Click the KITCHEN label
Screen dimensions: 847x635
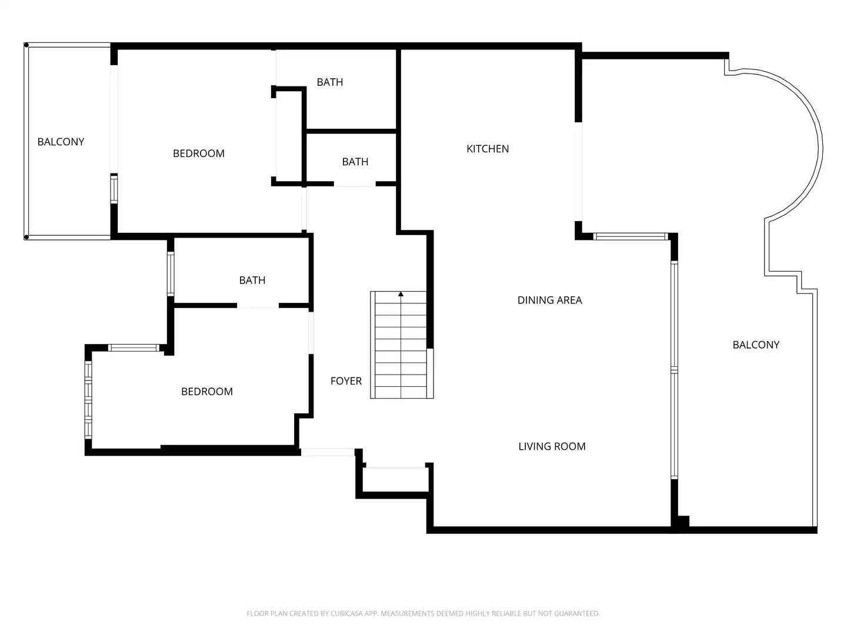[x=488, y=149]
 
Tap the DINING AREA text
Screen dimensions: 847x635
[x=549, y=300]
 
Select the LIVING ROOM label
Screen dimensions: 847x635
[x=552, y=446]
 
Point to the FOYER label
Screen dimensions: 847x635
[x=346, y=381]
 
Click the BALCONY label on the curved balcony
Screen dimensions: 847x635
[x=756, y=345]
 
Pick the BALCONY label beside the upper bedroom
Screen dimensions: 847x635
[x=61, y=142]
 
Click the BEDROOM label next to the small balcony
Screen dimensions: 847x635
[x=198, y=153]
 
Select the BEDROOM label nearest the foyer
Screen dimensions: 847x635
[x=207, y=392]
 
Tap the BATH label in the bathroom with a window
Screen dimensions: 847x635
[x=252, y=280]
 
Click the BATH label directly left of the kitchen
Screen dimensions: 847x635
[x=355, y=162]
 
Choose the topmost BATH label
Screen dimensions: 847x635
[x=329, y=82]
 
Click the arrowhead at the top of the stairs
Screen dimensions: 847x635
[x=401, y=294]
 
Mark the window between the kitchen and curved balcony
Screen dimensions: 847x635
[x=631, y=236]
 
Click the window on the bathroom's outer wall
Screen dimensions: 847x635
[x=171, y=274]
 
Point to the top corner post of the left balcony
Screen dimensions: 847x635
[x=26, y=45]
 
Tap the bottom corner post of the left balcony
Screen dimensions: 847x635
[x=26, y=237]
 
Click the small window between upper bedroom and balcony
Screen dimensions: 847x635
[x=114, y=189]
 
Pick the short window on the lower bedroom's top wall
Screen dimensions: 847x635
[x=134, y=347]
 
